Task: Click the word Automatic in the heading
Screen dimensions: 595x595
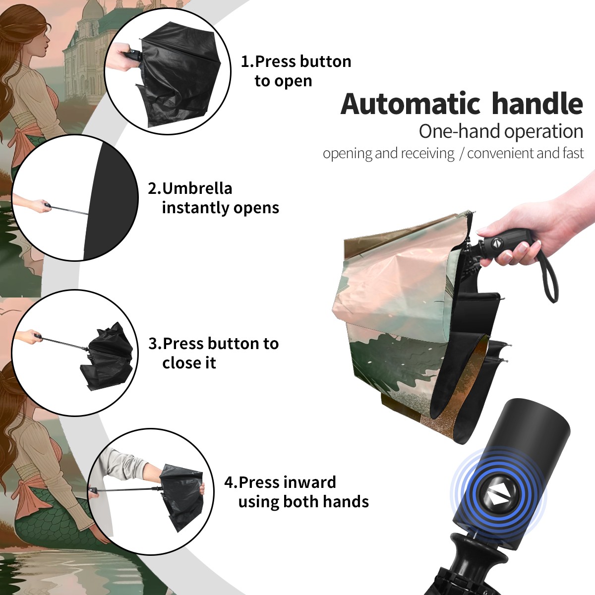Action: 411,104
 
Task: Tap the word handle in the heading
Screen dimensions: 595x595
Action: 537,103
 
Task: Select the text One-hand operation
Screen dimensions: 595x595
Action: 501,131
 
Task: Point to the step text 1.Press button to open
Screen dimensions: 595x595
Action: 296,71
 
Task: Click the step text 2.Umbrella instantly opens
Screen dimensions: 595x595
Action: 213,198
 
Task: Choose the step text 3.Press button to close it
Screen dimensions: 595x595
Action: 213,353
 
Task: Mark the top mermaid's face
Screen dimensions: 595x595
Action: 43,39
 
